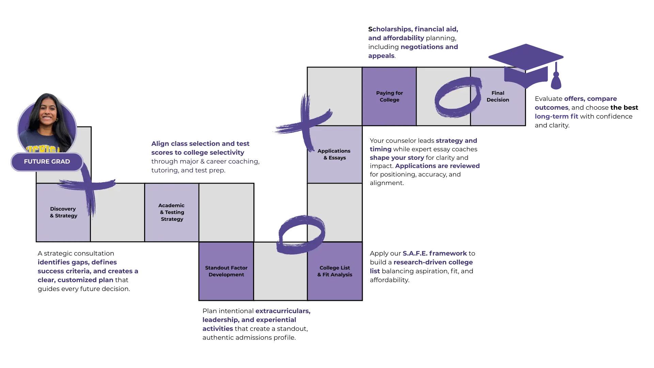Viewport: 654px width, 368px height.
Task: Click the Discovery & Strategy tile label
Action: click(63, 212)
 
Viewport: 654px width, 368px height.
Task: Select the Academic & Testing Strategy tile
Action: click(172, 212)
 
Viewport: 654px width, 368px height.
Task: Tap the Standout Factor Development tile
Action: click(226, 271)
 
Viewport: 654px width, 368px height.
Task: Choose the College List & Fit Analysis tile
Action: click(334, 271)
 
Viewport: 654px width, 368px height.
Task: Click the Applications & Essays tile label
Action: click(334, 154)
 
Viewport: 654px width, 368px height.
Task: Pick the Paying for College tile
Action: click(389, 96)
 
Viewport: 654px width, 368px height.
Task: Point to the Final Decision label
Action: click(498, 96)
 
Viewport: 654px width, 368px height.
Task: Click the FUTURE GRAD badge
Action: click(47, 162)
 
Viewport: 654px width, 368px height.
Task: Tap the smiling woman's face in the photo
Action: click(47, 112)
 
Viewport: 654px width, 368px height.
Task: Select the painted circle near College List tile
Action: click(301, 234)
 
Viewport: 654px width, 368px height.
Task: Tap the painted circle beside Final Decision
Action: click(457, 97)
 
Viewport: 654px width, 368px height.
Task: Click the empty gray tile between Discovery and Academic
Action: click(118, 212)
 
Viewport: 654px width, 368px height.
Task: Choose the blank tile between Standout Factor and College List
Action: click(280, 276)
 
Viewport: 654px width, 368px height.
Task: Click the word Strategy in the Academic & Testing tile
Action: click(172, 219)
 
